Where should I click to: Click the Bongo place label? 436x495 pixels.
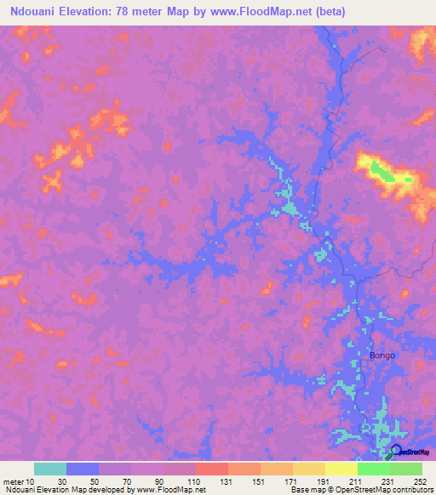[x=382, y=355]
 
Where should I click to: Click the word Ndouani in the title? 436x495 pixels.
[x=32, y=10]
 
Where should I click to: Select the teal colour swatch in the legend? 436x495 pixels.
[x=50, y=469]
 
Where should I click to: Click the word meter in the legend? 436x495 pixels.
[x=13, y=481]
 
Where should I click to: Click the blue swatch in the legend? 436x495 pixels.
[x=83, y=469]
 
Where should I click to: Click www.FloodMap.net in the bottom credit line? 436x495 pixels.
[x=170, y=490]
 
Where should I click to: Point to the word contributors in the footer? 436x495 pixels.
[x=408, y=490]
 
